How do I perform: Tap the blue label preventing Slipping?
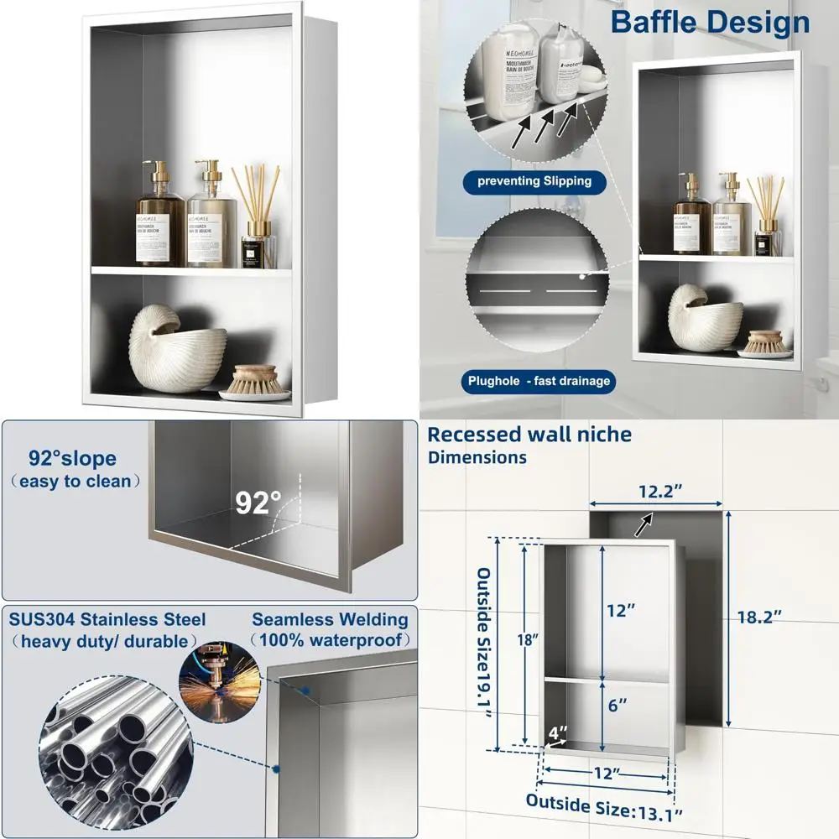coord(534,180)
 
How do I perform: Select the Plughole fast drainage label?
coord(539,381)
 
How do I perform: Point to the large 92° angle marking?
coord(258,503)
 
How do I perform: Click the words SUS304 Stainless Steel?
coord(107,619)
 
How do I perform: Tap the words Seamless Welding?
coord(330,620)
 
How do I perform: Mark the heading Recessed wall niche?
coord(529,434)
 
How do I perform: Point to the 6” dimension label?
coord(618,706)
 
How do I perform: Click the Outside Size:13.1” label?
coord(604,805)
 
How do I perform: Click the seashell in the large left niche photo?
coord(177,339)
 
